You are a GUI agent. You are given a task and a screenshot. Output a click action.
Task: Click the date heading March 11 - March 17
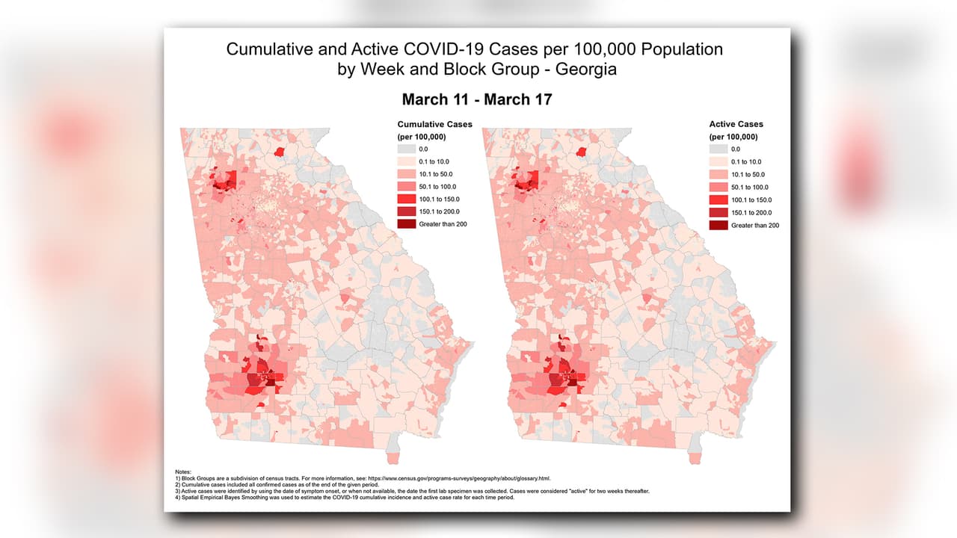coord(477,99)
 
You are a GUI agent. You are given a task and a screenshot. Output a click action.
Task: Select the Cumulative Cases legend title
coord(434,124)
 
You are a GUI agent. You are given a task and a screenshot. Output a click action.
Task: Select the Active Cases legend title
coord(736,124)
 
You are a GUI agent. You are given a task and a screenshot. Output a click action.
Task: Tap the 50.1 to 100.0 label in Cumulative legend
coord(447,187)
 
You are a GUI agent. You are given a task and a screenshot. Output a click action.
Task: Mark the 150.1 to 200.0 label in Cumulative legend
coord(447,212)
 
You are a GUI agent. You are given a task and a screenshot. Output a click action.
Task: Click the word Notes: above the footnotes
coord(183,472)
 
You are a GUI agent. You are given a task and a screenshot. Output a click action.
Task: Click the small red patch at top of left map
coord(281,152)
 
